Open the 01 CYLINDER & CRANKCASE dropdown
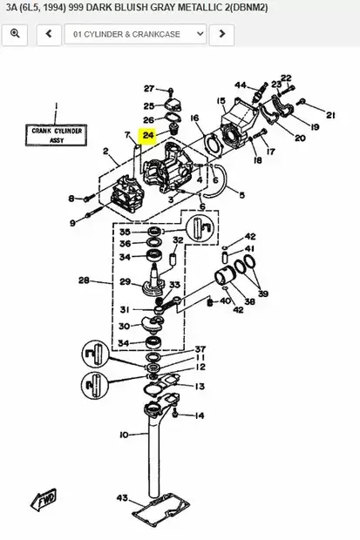pyautogui.click(x=139, y=34)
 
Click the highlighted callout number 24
pyautogui.click(x=148, y=135)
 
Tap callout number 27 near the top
pyautogui.click(x=148, y=89)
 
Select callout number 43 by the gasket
pyautogui.click(x=122, y=498)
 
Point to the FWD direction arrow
pyautogui.click(x=44, y=499)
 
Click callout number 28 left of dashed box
pyautogui.click(x=84, y=280)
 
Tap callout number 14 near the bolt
pyautogui.click(x=200, y=415)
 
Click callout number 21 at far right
pyautogui.click(x=330, y=115)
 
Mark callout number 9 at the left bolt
pyautogui.click(x=72, y=223)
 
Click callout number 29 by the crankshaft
pyautogui.click(x=125, y=281)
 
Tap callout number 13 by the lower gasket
pyautogui.click(x=200, y=387)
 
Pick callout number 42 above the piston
pyautogui.click(x=250, y=237)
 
